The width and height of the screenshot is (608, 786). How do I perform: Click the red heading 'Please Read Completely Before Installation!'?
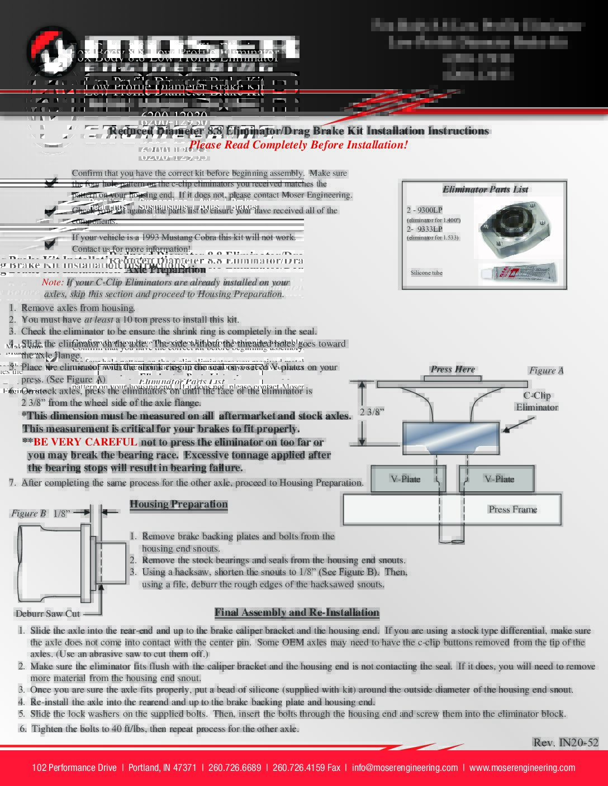pos(298,145)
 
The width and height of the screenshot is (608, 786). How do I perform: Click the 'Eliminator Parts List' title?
pos(485,190)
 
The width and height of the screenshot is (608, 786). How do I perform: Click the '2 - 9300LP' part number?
pos(424,210)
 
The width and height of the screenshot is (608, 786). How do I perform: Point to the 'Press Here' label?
pos(453,370)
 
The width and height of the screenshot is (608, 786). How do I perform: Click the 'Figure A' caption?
pos(546,371)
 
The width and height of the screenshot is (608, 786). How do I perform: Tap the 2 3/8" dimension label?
pos(372,412)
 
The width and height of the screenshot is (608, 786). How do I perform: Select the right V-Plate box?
pos(497,479)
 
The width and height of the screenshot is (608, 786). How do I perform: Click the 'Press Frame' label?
pos(512,509)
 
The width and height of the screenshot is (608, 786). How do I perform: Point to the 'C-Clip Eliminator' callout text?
pos(537,401)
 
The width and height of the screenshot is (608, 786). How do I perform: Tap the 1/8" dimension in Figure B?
pos(61,514)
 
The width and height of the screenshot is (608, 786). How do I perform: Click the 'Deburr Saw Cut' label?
pos(47,614)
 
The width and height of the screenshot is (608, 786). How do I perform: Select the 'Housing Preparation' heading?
pos(179,505)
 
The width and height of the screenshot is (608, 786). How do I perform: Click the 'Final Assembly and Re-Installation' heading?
pos(297,612)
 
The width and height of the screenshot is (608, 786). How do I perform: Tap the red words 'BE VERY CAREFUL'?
pos(85,442)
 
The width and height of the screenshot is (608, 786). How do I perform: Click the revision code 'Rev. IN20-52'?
pos(565,742)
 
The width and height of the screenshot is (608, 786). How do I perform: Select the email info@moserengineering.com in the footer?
pos(405,768)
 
